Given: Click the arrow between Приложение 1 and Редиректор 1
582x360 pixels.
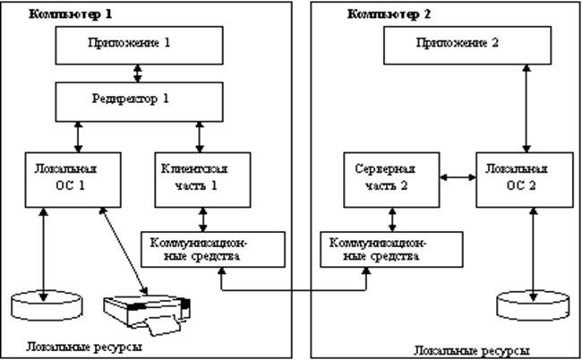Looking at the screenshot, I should tap(137, 71).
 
